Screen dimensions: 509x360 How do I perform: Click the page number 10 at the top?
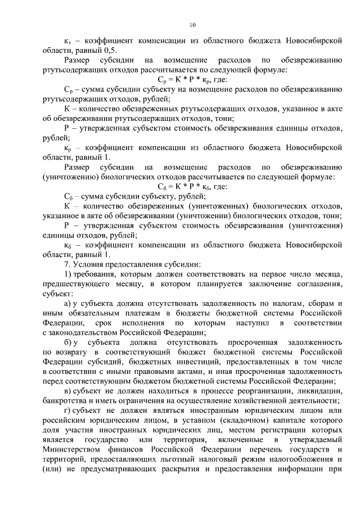tap(192, 24)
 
